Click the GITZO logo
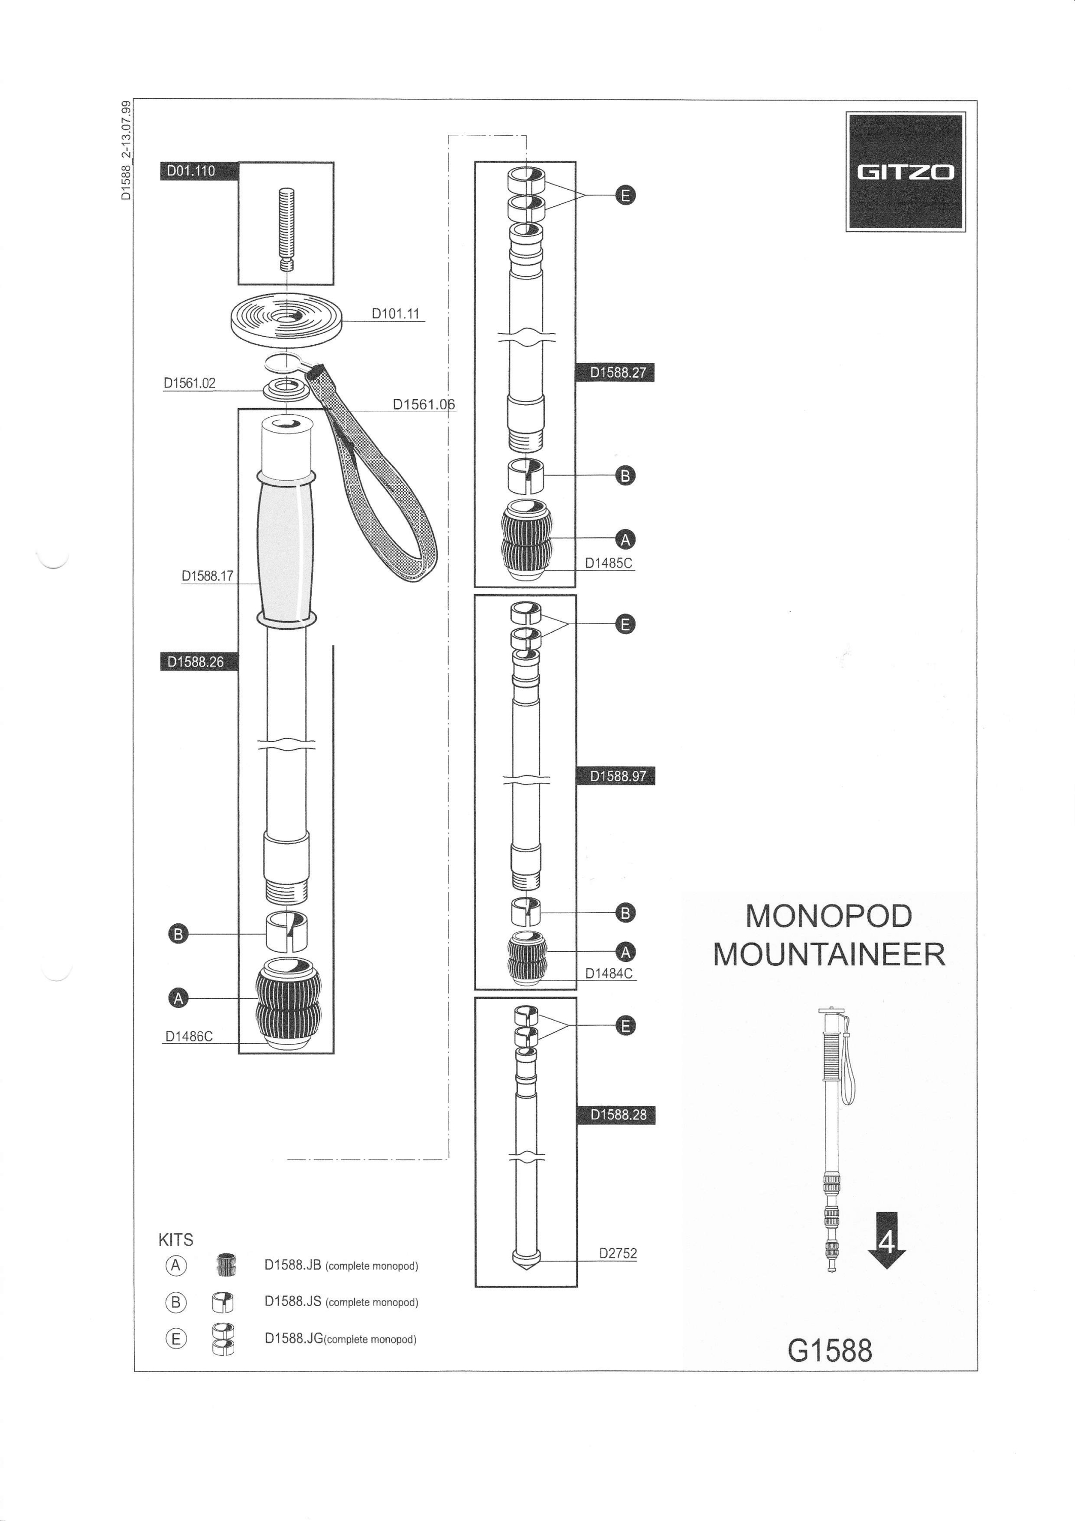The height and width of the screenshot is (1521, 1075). pyautogui.click(x=905, y=171)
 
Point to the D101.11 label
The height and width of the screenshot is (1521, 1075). pyautogui.click(x=395, y=313)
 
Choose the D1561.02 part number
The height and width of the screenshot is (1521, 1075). pyautogui.click(x=190, y=383)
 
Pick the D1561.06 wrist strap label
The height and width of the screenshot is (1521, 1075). pyautogui.click(x=424, y=404)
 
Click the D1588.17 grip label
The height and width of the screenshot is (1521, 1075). pyautogui.click(x=207, y=575)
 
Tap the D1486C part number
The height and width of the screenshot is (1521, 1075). pyautogui.click(x=189, y=1036)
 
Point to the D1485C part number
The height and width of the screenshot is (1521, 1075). pyautogui.click(x=608, y=563)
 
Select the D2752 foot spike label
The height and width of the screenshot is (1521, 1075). pyautogui.click(x=618, y=1253)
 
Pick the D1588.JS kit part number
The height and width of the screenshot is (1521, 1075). pyautogui.click(x=293, y=1301)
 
